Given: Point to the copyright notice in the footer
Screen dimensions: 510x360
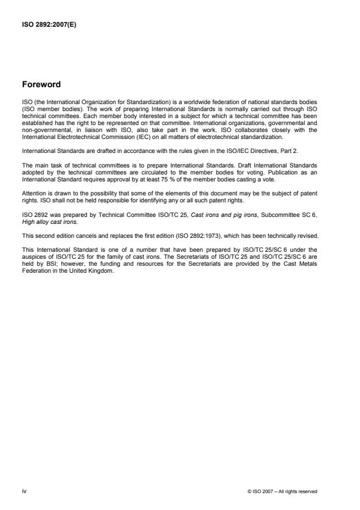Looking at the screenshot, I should (282, 491).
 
